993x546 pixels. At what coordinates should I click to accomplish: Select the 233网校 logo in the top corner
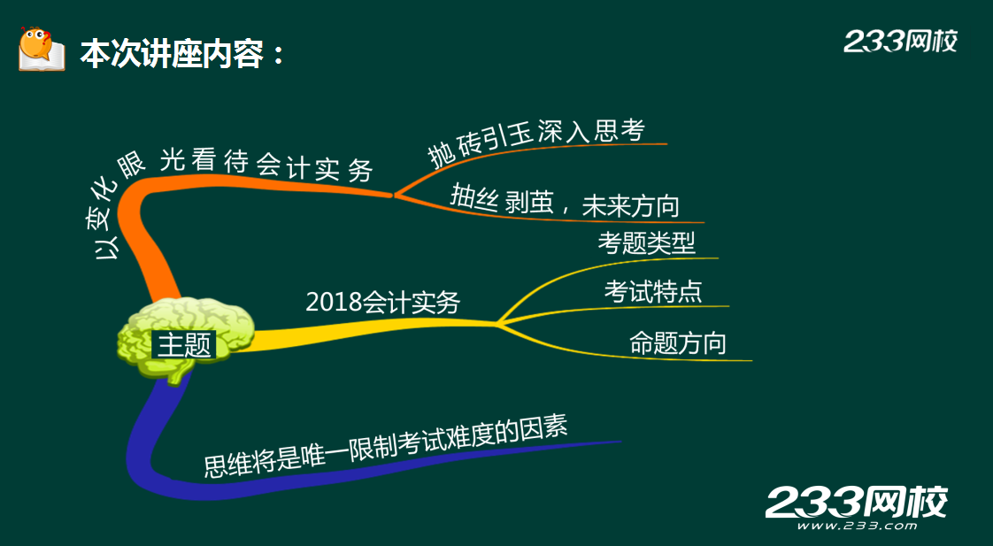click(901, 42)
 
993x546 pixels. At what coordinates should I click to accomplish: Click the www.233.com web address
click(856, 526)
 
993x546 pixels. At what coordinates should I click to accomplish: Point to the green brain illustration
click(186, 339)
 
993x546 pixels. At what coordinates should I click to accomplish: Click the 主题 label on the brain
click(184, 345)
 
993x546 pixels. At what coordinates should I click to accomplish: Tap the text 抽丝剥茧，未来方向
click(565, 201)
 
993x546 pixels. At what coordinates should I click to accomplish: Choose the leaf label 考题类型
click(647, 242)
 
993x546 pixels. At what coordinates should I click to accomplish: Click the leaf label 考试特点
click(653, 291)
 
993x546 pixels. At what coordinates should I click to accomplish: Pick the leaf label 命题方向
click(678, 343)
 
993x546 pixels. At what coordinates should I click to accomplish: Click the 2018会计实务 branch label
click(382, 302)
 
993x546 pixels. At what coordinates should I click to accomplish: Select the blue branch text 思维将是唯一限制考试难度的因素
click(386, 446)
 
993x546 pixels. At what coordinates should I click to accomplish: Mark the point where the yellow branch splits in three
click(497, 323)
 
